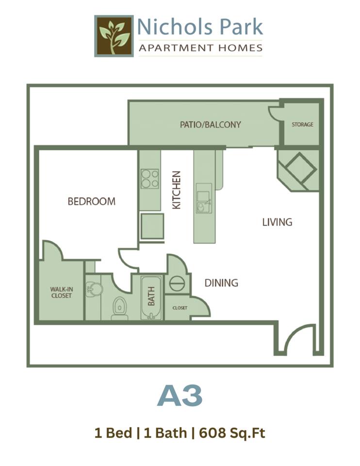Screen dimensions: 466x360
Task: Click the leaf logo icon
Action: pyautogui.click(x=114, y=36)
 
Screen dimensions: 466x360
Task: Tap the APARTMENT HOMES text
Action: pyautogui.click(x=200, y=48)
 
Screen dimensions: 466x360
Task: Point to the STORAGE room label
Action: pyautogui.click(x=302, y=125)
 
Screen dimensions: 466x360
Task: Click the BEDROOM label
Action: pyautogui.click(x=92, y=201)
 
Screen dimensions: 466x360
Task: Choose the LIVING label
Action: pyautogui.click(x=277, y=222)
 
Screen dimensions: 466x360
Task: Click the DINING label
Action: pyautogui.click(x=221, y=283)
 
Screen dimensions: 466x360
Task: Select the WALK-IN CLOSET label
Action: pyautogui.click(x=61, y=293)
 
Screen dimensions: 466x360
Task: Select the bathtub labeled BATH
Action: pyautogui.click(x=152, y=297)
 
